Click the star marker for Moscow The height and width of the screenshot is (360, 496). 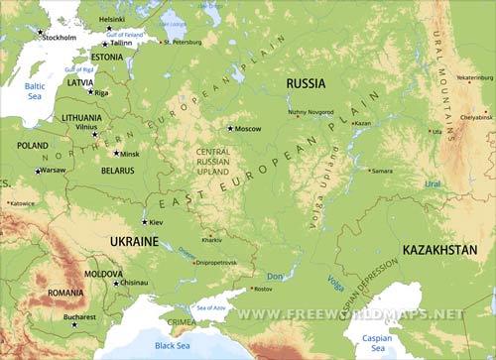pos(230,128)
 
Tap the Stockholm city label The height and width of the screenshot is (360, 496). pos(60,38)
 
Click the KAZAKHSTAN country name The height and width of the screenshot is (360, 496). pos(439,250)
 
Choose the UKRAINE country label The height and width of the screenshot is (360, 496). pos(133,241)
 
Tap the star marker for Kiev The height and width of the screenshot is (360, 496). pos(144,222)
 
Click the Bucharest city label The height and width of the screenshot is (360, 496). pos(78,317)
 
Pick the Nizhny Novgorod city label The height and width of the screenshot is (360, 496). pos(311,112)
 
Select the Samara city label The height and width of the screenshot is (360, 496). pos(382,171)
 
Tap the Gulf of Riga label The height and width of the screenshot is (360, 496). pos(79,70)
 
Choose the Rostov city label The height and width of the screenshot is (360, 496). pos(263,289)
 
